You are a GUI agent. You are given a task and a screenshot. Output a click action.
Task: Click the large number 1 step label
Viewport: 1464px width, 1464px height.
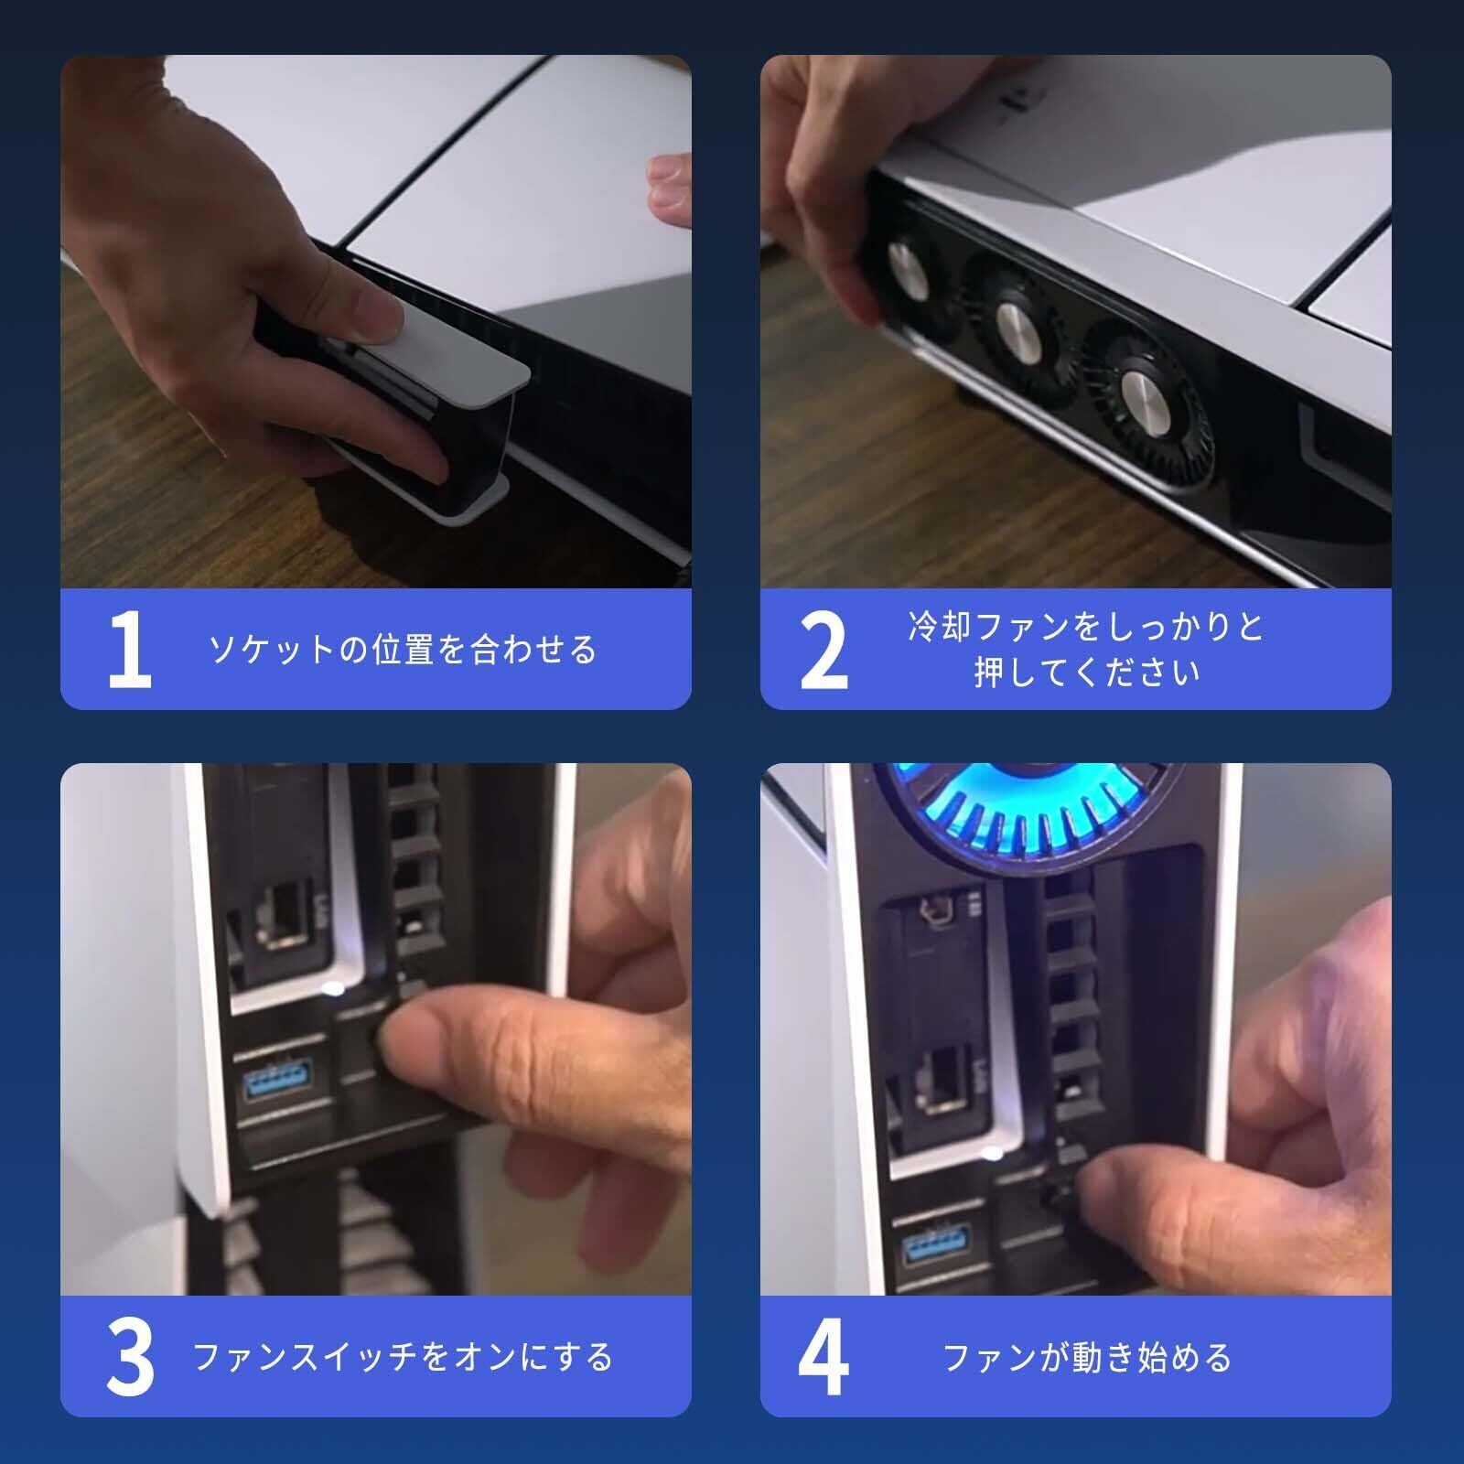pos(130,650)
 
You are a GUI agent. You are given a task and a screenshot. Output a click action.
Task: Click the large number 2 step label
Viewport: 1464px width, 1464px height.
pos(823,650)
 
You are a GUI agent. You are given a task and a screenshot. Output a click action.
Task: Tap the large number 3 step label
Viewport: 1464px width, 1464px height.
pos(130,1356)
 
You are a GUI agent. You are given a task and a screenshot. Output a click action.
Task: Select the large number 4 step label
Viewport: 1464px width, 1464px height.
pos(823,1356)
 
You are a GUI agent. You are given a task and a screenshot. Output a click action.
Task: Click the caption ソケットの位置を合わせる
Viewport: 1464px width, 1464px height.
pos(403,650)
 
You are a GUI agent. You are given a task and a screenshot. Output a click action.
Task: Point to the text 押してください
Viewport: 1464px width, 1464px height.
pos(1087,673)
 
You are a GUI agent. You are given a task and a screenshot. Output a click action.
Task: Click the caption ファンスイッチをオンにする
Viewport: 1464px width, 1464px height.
pos(403,1357)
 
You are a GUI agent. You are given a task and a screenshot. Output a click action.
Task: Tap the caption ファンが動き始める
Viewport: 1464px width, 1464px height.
pos(1087,1357)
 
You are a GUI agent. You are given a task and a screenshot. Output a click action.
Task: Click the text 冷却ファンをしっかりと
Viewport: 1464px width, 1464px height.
pos(1087,627)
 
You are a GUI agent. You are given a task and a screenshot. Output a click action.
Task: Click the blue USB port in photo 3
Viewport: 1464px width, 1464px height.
pos(277,1082)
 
